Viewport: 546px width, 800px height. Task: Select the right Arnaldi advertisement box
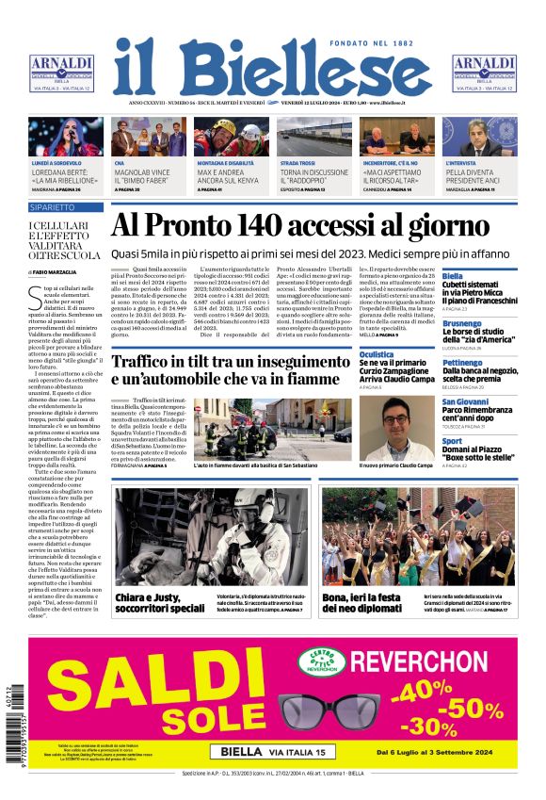(x=484, y=73)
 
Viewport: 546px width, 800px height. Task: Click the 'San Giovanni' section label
(x=465, y=402)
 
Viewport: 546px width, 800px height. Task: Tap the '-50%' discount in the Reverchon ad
(x=476, y=709)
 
